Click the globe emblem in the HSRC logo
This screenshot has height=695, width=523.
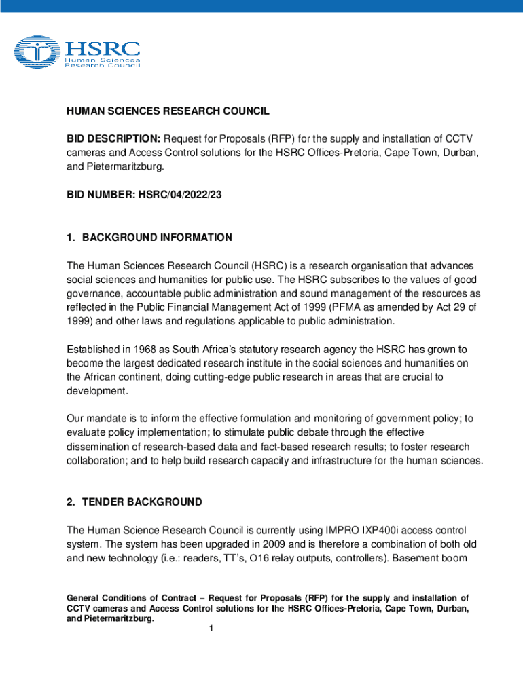38,53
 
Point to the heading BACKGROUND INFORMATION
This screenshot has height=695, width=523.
157,238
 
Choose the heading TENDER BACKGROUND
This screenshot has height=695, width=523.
142,502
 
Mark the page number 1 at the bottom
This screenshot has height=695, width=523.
211,628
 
